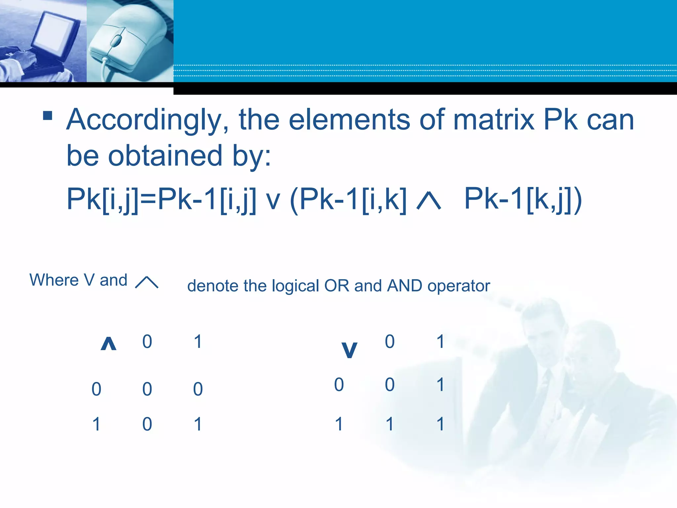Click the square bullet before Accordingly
(48, 115)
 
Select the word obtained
(165, 156)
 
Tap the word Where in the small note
(54, 280)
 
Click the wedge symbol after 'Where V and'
(146, 282)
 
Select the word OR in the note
(337, 286)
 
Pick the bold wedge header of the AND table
(108, 344)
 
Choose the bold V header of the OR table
(349, 350)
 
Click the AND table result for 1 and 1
(198, 424)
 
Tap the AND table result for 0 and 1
(198, 389)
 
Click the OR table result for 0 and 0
(390, 385)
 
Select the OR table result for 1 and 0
(390, 424)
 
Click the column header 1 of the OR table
(440, 342)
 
